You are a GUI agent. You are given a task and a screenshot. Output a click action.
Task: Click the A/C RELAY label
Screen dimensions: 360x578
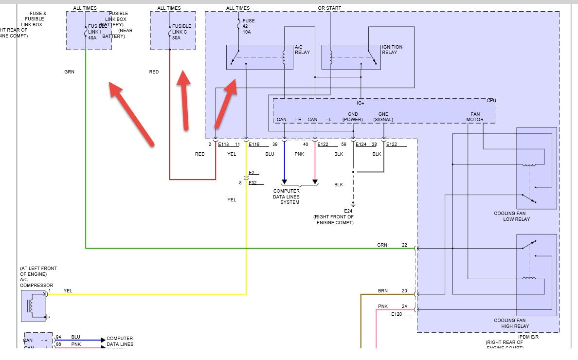302,50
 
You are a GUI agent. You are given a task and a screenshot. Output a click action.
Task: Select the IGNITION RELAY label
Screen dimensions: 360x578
392,50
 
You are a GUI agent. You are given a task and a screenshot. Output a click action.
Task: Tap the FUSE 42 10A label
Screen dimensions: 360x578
248,26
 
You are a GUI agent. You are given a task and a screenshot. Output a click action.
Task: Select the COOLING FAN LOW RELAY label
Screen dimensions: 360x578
512,216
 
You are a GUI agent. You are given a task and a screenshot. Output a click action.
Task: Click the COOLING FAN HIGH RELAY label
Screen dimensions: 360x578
511,323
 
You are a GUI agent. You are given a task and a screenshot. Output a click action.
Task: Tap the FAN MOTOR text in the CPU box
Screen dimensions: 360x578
475,117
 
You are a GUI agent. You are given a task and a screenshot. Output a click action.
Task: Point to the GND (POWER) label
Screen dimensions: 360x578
353,117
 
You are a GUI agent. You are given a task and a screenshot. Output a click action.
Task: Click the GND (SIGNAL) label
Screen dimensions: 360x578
383,117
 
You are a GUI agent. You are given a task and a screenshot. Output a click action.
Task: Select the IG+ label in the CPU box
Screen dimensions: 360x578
361,103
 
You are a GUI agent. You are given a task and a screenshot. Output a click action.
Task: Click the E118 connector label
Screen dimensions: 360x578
223,144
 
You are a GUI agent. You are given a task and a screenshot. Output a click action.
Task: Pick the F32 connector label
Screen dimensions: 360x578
253,183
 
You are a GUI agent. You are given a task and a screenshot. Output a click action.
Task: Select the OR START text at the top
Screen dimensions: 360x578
329,8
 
